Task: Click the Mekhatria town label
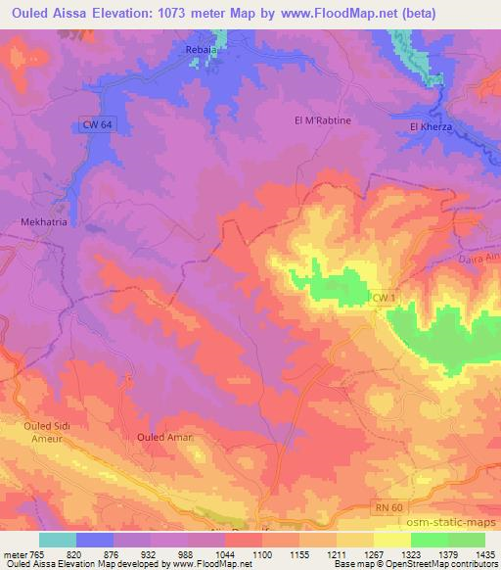click(43, 223)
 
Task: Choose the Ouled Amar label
click(164, 437)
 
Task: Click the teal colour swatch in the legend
click(58, 540)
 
